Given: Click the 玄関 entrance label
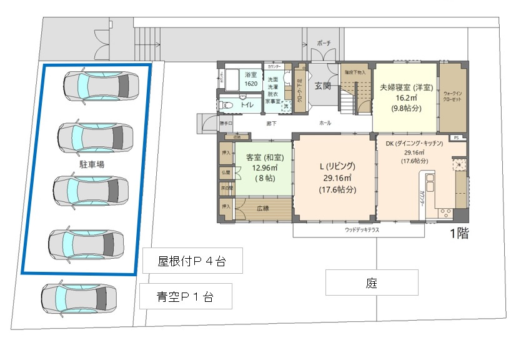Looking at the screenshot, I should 322,86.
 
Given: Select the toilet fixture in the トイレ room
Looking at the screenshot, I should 227,105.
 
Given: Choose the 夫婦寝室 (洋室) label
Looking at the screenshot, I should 406,87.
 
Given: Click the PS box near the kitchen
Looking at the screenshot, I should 456,137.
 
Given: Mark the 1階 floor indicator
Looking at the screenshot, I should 460,234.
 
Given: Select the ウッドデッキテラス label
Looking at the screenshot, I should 362,230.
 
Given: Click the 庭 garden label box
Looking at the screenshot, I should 371,283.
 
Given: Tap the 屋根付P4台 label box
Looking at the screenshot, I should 191,261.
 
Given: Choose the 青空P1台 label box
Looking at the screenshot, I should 186,296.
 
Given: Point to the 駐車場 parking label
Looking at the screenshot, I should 92,164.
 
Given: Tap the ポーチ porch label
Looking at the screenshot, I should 324,43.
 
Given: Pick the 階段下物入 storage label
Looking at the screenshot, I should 355,71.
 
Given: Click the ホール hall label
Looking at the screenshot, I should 325,123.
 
